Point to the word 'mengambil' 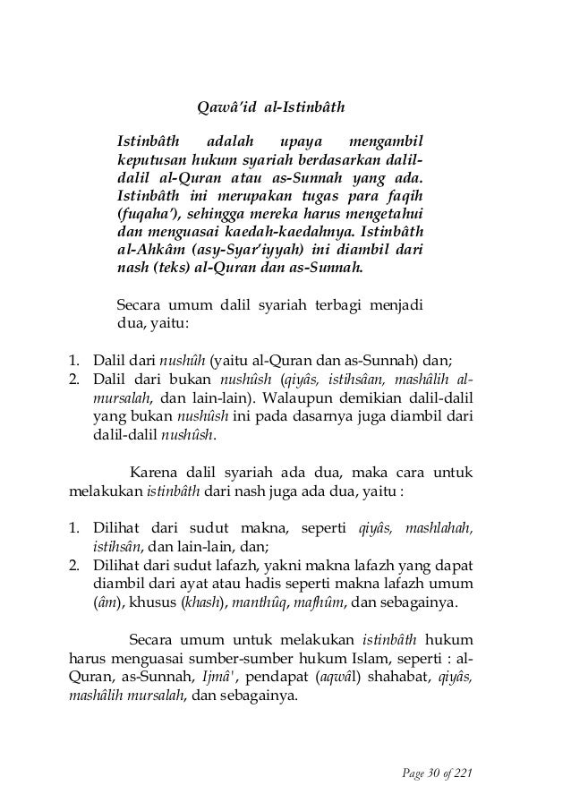(386, 141)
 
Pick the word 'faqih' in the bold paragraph (405, 194)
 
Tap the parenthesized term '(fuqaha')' (151, 213)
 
